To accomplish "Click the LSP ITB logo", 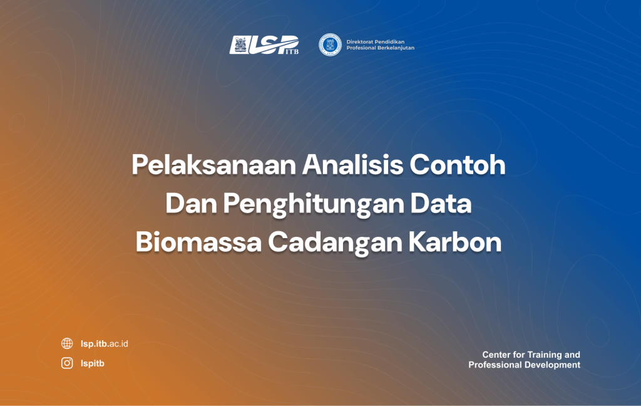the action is click(x=264, y=44).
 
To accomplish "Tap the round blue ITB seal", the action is click(x=330, y=44).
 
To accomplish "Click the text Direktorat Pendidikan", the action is click(x=376, y=42).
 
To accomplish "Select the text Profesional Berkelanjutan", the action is click(x=380, y=48).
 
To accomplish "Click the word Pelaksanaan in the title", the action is click(x=214, y=165).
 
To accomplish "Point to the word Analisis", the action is click(x=353, y=165).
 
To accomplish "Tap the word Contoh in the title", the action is click(x=458, y=165).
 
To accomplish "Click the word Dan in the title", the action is click(x=191, y=204).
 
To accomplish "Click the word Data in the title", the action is click(x=441, y=204).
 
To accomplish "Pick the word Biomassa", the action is click(x=198, y=242).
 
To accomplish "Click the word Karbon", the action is click(x=455, y=242).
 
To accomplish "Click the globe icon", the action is click(x=67, y=343).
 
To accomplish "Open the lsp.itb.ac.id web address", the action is click(x=105, y=343).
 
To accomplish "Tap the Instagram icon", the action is click(x=67, y=363).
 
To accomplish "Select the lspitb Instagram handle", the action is click(x=93, y=363).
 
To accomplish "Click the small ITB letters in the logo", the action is click(x=292, y=51).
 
